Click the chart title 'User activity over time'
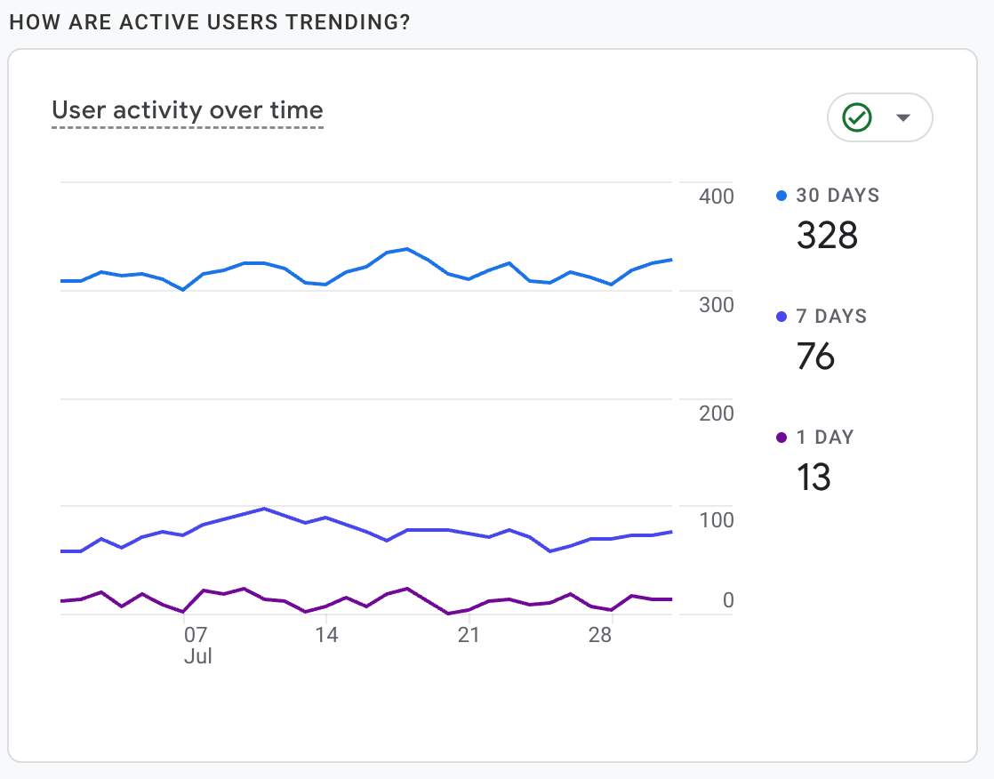188,110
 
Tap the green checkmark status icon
857,117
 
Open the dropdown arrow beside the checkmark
903,117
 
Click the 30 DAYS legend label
838,196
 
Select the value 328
827,235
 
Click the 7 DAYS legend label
831,317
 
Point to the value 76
815,356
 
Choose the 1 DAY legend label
824,438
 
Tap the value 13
814,477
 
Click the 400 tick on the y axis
716,197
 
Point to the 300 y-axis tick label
716,305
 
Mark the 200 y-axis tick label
716,414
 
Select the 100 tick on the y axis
716,520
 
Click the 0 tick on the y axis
728,601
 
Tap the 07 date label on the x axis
196,636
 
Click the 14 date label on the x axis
327,636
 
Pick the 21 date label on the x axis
468,636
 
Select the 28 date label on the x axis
600,636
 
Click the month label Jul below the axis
197,657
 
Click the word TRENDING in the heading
349,22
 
